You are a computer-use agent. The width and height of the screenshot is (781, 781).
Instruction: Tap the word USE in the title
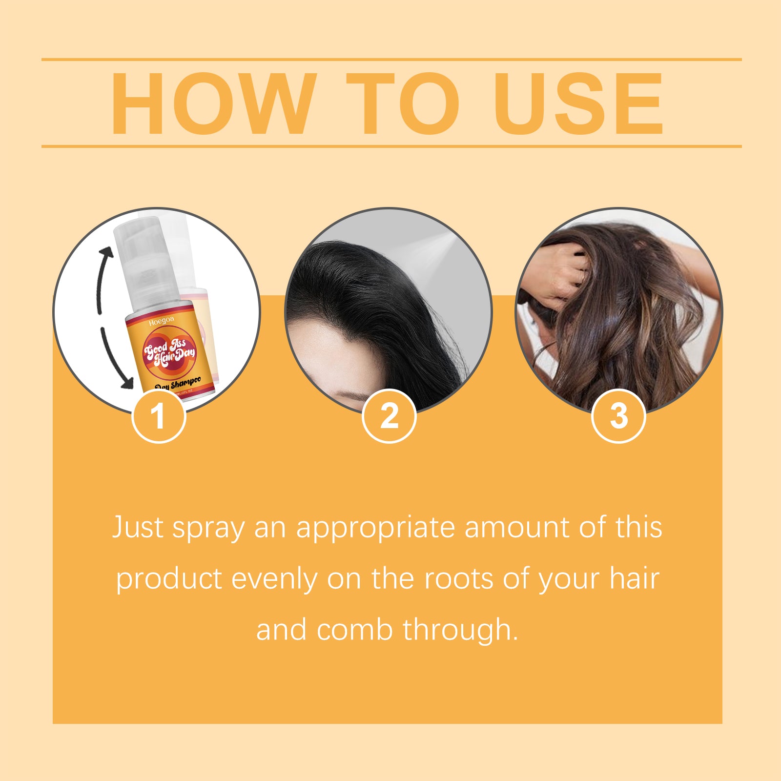tap(579, 103)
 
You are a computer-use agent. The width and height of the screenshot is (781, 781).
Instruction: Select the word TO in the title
tap(403, 103)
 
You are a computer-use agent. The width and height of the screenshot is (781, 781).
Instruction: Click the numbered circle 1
tap(159, 416)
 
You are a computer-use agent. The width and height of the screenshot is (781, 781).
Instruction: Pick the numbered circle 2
tap(389, 416)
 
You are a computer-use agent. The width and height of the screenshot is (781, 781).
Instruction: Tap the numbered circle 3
tap(618, 416)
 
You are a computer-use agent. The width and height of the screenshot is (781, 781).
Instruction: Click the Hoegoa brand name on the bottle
tap(161, 321)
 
